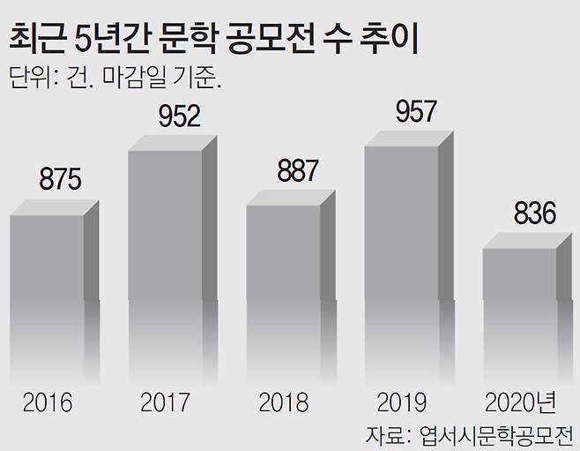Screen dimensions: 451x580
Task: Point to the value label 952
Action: [x=179, y=115]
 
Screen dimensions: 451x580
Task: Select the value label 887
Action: [x=297, y=170]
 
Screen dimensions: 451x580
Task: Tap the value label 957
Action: [x=415, y=110]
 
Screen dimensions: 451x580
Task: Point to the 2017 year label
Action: [x=165, y=403]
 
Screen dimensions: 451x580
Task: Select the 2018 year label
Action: [x=283, y=403]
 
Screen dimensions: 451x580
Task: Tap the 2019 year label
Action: [x=401, y=403]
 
